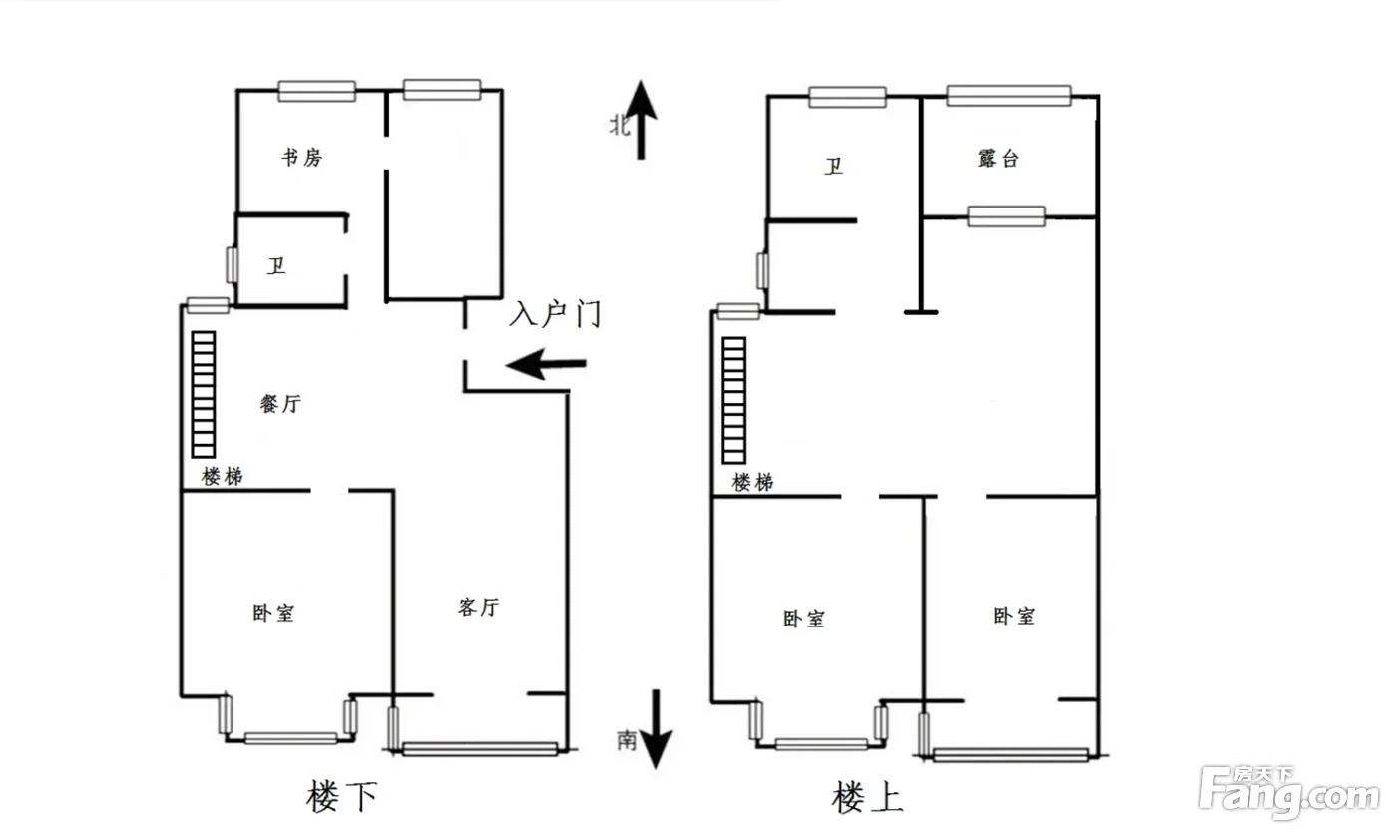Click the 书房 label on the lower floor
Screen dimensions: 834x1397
click(x=301, y=157)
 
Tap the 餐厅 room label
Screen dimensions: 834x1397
click(x=280, y=404)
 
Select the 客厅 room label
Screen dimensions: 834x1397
click(x=478, y=607)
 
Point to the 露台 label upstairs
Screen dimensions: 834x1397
click(x=998, y=158)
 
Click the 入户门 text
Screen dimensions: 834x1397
click(x=555, y=315)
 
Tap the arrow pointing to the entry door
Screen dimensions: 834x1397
click(x=546, y=364)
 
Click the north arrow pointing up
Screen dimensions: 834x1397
click(x=640, y=120)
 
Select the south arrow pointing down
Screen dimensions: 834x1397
click(x=656, y=729)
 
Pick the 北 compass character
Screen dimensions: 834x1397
click(x=620, y=125)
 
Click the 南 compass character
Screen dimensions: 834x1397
click(x=626, y=739)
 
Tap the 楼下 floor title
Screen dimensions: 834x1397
click(x=343, y=797)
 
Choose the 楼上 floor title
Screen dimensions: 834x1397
click(x=867, y=797)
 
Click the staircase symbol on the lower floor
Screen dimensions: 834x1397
click(x=204, y=394)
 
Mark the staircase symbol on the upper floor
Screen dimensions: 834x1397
click(x=734, y=400)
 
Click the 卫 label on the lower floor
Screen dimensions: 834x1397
click(x=276, y=266)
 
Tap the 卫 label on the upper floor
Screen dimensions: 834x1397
click(x=833, y=166)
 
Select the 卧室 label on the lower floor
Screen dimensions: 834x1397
click(x=273, y=613)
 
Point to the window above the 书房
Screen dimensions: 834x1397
click(x=316, y=91)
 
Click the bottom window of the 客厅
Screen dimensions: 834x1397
click(x=480, y=748)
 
